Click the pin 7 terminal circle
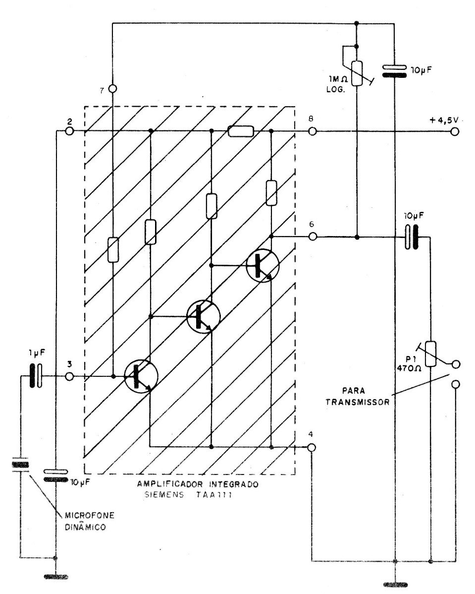click(x=112, y=89)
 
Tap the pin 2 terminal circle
click(x=69, y=131)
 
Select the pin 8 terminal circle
click(x=312, y=131)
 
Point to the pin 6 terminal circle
click(x=312, y=237)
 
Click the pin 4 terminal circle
click(x=311, y=448)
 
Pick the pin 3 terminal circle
click(x=69, y=377)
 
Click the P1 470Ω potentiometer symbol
click(x=431, y=354)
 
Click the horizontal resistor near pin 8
click(x=241, y=131)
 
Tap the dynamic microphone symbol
click(x=20, y=466)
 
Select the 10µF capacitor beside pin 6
click(x=410, y=237)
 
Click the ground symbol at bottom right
click(x=394, y=585)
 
